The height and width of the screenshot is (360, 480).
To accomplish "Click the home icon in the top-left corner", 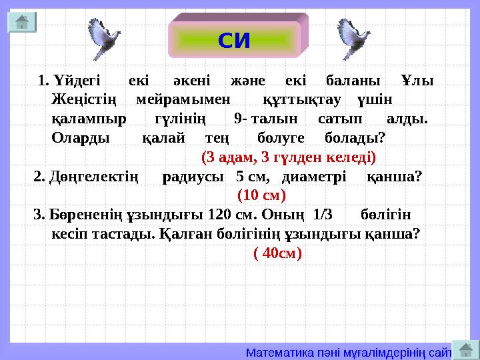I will (21, 21).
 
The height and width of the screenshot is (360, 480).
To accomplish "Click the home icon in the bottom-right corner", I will (465, 349).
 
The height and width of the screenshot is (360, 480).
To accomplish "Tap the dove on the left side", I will (104, 39).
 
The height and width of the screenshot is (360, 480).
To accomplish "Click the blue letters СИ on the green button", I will (234, 41).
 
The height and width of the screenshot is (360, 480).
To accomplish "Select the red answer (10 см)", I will (261, 195).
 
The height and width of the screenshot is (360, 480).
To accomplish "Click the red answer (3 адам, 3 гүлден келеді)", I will (288, 158).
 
